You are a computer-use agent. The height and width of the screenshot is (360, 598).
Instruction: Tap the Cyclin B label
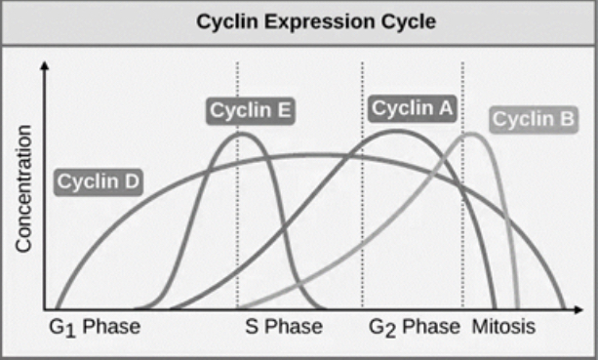pos(533,120)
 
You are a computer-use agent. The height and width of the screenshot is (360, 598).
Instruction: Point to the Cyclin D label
pos(100,180)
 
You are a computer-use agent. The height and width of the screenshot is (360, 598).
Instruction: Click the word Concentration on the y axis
pos(24,188)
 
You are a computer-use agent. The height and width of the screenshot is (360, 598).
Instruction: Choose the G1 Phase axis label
pos(93,326)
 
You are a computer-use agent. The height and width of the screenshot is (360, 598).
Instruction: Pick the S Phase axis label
pos(282,326)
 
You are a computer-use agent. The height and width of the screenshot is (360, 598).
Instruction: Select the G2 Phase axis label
pos(416,326)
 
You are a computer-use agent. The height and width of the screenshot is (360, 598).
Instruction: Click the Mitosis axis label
pos(504,326)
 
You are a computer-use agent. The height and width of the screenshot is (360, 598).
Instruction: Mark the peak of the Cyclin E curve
pos(238,133)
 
